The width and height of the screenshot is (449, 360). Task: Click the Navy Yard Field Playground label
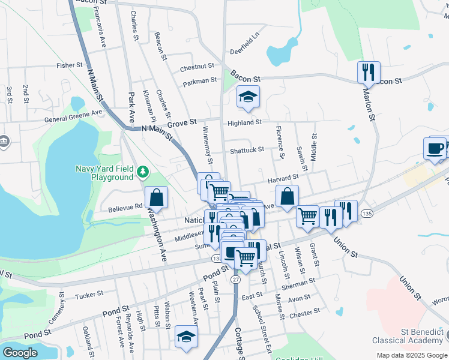pos(104,173)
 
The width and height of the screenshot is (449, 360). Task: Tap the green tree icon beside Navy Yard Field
pos(143,173)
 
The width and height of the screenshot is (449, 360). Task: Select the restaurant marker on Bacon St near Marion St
pos(368,73)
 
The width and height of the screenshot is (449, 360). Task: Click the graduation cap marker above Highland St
pos(247,97)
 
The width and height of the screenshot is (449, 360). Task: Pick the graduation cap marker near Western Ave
pos(186,337)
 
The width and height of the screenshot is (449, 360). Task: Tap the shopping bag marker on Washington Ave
pos(155,197)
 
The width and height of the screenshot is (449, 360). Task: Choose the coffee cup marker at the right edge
pos(435,148)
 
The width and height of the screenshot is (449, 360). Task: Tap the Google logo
pos(20,353)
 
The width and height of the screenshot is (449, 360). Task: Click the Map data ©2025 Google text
pos(411,355)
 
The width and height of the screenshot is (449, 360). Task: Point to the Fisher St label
pos(69,65)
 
